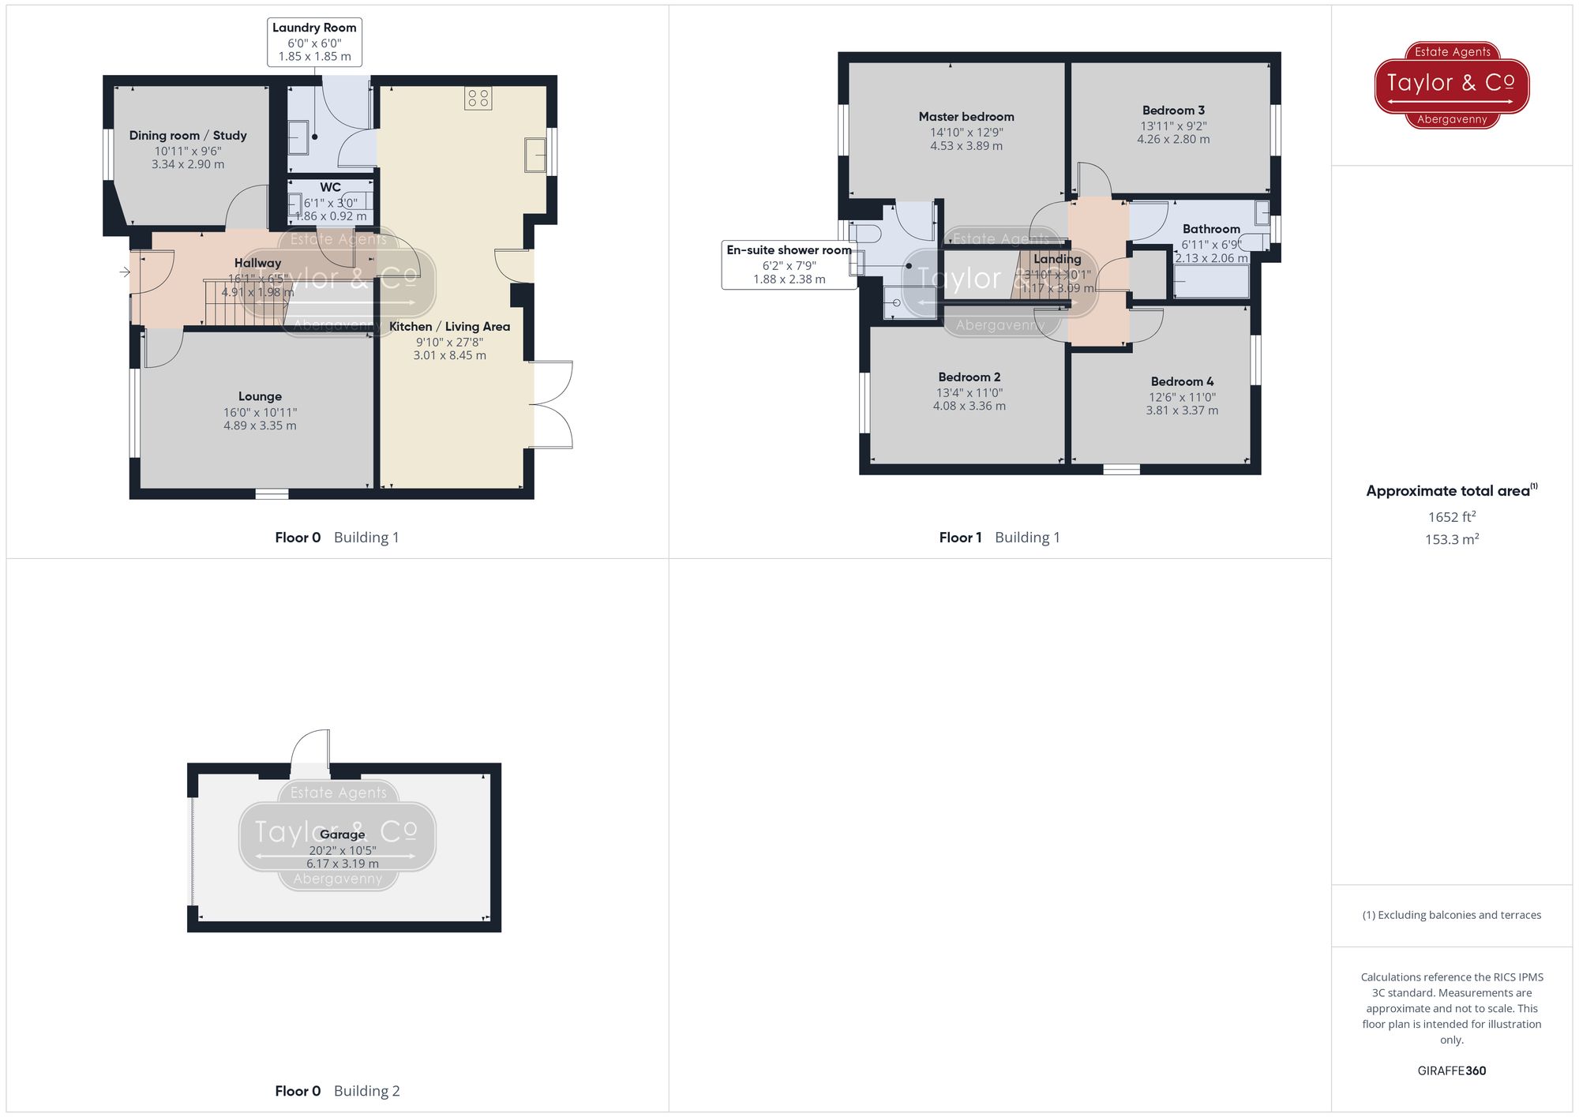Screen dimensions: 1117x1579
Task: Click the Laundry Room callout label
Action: point(314,41)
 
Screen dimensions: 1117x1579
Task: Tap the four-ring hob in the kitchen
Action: point(478,99)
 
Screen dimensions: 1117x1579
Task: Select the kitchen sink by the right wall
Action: point(535,155)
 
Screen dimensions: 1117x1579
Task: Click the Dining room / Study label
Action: point(188,136)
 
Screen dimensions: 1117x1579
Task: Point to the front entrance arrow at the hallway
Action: point(125,272)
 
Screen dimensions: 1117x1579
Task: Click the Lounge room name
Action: point(260,396)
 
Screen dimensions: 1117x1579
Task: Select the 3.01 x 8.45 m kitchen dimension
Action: point(449,356)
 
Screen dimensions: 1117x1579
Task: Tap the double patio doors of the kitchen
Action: point(553,405)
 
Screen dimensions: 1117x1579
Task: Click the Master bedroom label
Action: point(966,117)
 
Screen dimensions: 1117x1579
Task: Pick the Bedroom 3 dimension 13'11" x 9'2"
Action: point(1172,126)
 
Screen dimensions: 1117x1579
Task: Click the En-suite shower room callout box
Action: point(789,264)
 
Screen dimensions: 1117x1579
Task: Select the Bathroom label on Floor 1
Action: point(1210,229)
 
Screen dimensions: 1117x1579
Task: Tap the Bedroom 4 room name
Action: point(1182,381)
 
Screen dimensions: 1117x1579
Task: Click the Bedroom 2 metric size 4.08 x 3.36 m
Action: point(969,407)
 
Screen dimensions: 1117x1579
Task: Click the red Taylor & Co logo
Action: point(1451,84)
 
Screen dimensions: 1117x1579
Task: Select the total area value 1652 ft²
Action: point(1451,517)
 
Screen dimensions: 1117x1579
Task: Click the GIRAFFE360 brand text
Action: point(1451,1071)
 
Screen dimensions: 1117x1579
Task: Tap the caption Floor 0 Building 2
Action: point(337,1091)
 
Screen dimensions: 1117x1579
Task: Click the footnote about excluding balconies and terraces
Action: point(1451,915)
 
